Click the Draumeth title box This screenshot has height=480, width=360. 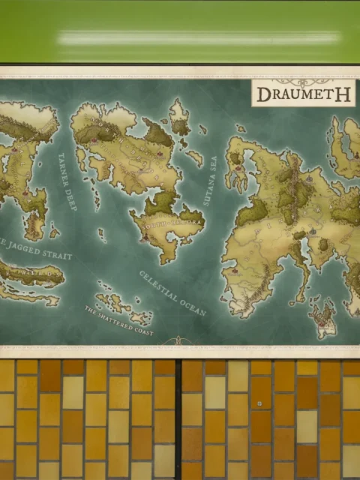pyautogui.click(x=302, y=94)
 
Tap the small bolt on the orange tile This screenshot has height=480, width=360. pyautogui.click(x=259, y=403)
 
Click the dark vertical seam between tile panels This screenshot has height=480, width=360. pyautogui.click(x=178, y=420)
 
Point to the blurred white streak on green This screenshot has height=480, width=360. pyautogui.click(x=199, y=38)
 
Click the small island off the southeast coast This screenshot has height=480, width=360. pyautogui.click(x=323, y=319)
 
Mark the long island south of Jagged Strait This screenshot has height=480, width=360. pyautogui.click(x=30, y=277)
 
